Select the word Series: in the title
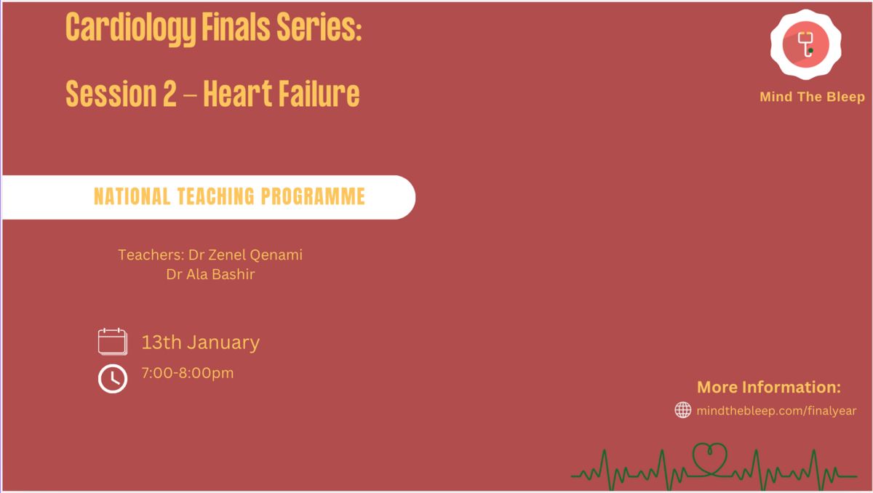(319, 26)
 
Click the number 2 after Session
(170, 94)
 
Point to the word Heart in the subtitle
(237, 94)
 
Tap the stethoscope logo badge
(805, 44)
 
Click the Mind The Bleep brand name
(812, 97)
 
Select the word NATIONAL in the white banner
(132, 196)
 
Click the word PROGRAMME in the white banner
(313, 196)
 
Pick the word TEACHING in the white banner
(215, 196)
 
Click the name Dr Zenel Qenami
(245, 254)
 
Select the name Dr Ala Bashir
(210, 274)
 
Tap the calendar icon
(113, 342)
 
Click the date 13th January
(200, 342)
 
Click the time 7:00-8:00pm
(188, 373)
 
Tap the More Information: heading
(768, 387)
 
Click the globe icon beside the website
(683, 410)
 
